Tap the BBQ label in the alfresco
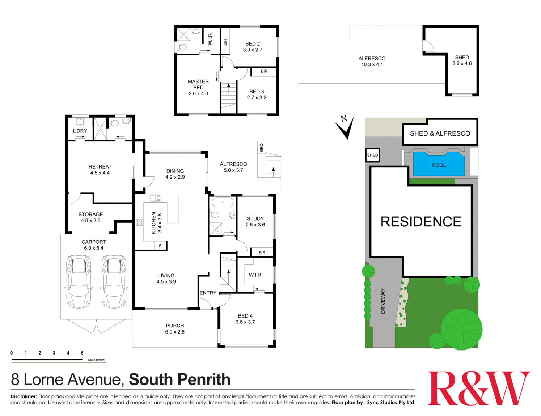point(261,147)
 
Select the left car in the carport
point(79,281)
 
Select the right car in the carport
point(114,281)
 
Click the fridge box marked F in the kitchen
point(160,246)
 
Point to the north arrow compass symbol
point(345,127)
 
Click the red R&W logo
point(478,388)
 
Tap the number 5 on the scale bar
point(82,353)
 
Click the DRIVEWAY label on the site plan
point(383,301)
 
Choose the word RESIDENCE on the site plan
point(421,222)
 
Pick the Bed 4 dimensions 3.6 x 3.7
point(245,322)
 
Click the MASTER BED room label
point(198,84)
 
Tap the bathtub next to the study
point(222,202)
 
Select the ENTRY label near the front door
point(208,293)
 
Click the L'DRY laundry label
point(80,131)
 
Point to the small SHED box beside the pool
point(372,155)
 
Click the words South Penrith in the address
point(179,379)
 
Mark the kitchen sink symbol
point(156,198)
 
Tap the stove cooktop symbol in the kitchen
point(139,222)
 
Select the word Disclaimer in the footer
point(24,396)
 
